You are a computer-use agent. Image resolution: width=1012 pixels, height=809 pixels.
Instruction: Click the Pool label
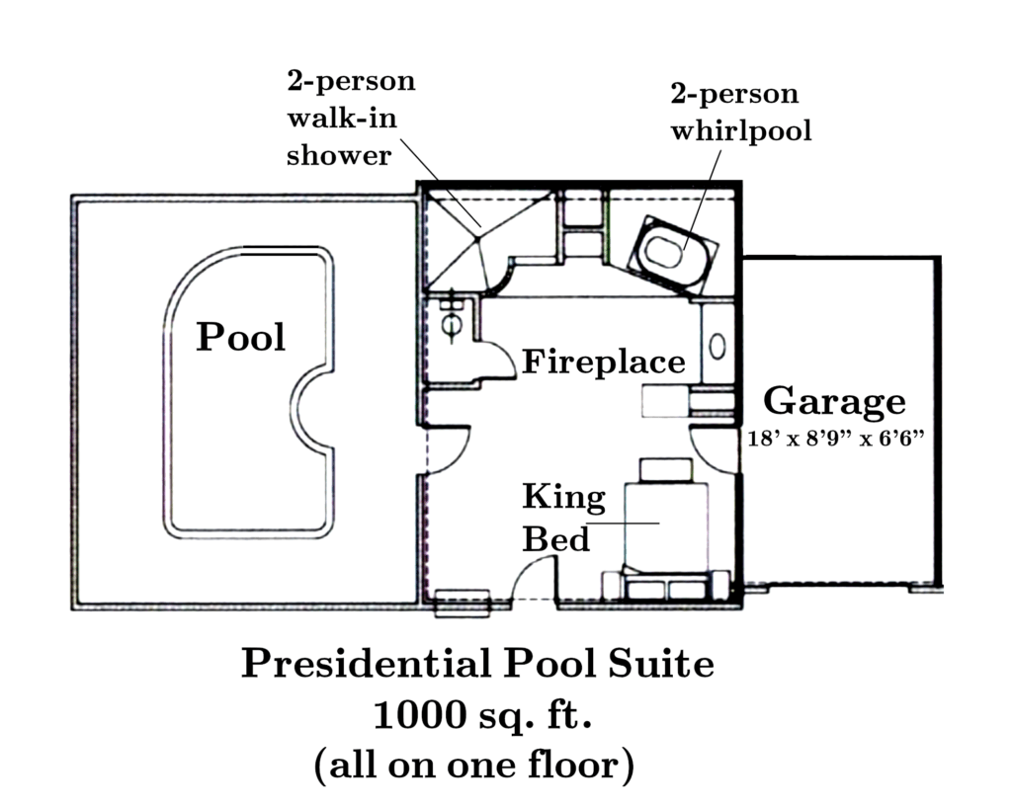click(241, 337)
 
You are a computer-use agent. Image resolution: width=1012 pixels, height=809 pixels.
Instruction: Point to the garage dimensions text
click(836, 439)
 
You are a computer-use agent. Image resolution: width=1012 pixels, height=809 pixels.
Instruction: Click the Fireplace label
click(604, 362)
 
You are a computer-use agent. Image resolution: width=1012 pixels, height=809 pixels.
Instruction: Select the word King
click(564, 498)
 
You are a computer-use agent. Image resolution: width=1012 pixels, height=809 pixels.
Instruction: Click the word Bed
click(555, 539)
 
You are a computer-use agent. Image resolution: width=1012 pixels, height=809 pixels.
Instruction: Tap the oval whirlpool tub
click(663, 252)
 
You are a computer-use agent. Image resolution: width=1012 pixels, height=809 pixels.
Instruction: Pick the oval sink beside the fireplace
click(717, 347)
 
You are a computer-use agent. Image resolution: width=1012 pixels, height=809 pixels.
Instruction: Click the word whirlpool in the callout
click(741, 131)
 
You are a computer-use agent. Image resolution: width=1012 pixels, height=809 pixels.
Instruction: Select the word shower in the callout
click(339, 155)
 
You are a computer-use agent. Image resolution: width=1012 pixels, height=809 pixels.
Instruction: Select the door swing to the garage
click(712, 449)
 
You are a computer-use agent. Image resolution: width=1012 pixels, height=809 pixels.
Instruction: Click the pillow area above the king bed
click(665, 469)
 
